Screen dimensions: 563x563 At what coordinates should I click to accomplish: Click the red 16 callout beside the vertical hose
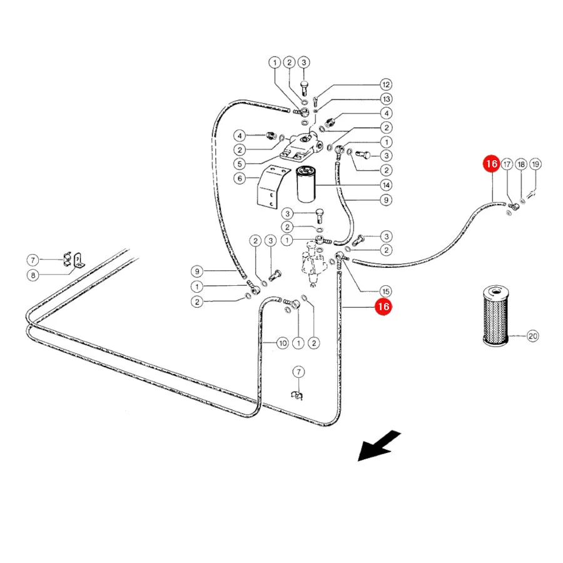coord(383,307)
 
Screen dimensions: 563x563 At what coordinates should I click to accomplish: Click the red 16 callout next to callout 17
coord(491,164)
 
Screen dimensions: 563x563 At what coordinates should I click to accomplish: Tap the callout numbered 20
coord(532,336)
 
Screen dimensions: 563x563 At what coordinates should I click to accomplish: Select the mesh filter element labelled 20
coord(495,316)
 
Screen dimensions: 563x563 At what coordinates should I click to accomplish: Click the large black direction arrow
coord(379,445)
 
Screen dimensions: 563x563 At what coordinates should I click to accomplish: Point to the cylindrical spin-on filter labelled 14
coord(305,184)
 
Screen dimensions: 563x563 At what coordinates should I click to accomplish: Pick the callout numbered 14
coord(386,185)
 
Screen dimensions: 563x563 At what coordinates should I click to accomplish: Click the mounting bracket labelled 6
coord(272,186)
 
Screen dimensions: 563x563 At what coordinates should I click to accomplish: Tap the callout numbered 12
coord(386,84)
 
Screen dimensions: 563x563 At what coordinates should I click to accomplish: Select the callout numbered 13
coord(386,99)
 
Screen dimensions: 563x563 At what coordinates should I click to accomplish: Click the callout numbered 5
coord(240,164)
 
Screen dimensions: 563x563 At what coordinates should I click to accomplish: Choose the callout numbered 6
coord(240,178)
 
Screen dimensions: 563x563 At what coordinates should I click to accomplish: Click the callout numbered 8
coord(33,275)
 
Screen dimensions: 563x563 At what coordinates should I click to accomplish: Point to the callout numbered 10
coord(283,343)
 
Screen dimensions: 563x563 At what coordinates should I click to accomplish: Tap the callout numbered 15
coord(386,292)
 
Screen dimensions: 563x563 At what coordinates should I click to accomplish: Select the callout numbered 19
coord(535,165)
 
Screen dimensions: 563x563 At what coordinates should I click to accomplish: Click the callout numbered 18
coord(521,165)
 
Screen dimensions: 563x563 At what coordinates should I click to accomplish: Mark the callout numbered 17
coord(507,165)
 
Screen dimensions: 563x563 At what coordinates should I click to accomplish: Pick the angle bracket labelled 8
coord(79,260)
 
